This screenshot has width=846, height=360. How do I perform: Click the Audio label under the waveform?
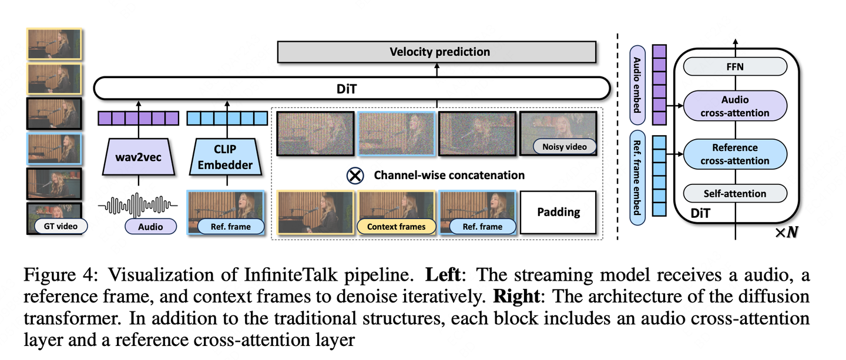pos(151,226)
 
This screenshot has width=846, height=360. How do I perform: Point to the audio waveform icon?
pos(137,205)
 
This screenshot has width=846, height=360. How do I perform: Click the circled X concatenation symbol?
pos(355,175)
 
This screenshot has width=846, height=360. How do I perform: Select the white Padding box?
pos(558,212)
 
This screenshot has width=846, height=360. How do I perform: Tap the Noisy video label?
pos(563,147)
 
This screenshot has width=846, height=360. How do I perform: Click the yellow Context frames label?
pos(396,226)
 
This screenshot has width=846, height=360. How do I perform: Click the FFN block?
pos(734,67)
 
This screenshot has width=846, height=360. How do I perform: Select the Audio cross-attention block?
pos(734,106)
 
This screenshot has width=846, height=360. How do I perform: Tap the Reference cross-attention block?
pos(734,154)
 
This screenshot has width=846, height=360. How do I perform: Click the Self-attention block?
pos(734,193)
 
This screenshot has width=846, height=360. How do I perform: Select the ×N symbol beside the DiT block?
pos(786,233)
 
